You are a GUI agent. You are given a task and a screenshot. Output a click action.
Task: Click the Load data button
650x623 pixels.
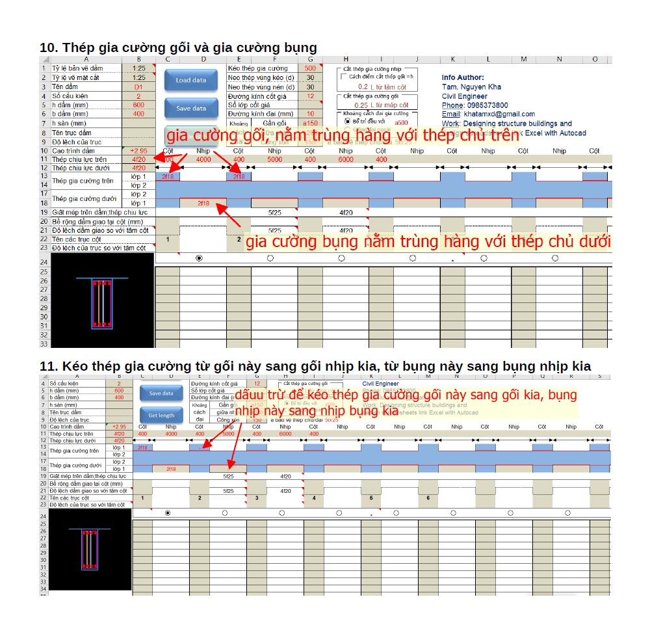coord(190,80)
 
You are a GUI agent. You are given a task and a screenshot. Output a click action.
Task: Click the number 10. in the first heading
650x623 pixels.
coord(49,47)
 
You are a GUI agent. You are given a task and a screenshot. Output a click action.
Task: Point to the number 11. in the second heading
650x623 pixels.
coord(49,366)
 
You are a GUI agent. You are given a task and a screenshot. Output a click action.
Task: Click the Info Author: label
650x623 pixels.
coord(463,77)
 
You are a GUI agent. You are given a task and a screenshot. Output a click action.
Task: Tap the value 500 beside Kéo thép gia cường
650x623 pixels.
coord(310,68)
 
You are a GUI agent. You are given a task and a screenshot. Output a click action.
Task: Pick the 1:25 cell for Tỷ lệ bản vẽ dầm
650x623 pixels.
coord(138,68)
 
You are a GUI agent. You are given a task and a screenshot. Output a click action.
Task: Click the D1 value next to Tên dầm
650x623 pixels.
coord(138,86)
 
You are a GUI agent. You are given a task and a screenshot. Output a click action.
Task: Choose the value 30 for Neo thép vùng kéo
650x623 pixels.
coord(310,77)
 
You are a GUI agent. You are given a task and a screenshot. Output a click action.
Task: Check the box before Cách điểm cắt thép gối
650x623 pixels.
coord(344,76)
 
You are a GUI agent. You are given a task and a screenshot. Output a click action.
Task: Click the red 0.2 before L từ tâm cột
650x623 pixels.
coord(363,86)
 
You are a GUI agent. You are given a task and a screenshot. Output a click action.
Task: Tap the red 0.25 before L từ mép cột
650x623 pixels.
coord(361,105)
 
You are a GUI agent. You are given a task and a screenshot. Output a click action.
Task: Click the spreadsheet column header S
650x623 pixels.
coord(599,376)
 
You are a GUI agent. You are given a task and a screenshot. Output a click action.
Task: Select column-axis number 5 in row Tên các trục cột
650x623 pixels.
coord(371,497)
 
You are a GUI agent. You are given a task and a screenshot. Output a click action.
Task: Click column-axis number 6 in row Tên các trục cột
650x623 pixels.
coord(428,497)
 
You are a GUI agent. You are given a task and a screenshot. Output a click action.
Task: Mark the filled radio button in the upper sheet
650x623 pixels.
coord(199,258)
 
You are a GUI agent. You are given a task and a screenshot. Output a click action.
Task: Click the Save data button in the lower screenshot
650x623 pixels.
coord(161,393)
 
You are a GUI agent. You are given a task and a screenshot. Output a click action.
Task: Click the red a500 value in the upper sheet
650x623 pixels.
coord(401,122)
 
